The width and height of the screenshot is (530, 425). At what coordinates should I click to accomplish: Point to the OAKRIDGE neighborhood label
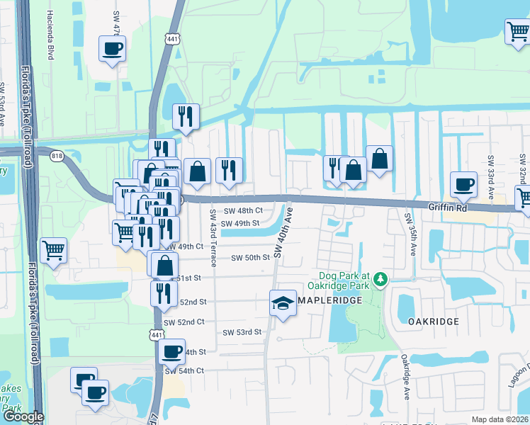[x=434, y=321]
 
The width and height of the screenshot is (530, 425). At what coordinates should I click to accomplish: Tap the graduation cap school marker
[x=283, y=303]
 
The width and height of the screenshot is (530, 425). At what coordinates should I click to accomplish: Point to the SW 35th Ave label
[x=408, y=234]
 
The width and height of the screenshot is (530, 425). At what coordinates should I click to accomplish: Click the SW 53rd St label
[x=242, y=332]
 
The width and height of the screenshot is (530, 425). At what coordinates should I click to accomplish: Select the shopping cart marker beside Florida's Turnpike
[x=54, y=249]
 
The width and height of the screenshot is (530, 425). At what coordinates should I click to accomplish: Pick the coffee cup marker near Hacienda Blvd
[x=113, y=50]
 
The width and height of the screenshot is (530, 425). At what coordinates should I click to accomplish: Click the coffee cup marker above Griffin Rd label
[x=464, y=184]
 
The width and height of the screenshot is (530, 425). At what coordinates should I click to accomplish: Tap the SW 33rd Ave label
[x=490, y=170]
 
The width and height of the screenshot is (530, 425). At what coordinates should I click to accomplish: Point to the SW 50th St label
[x=251, y=257]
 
